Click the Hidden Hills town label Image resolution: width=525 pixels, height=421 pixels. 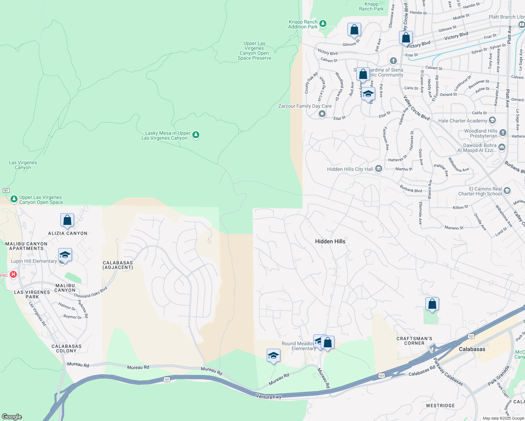(330, 241)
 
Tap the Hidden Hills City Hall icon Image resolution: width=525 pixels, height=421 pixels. (379, 169)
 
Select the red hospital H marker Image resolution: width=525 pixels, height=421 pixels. (13, 274)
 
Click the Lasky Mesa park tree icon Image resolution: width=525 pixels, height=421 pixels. (196, 135)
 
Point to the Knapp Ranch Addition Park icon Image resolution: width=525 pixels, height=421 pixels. (323, 24)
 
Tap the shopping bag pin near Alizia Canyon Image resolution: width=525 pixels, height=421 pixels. (67, 220)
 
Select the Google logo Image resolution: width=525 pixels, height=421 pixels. (12, 416)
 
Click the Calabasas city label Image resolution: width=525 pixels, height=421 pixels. (472, 349)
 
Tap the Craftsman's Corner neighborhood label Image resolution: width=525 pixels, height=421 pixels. (414, 341)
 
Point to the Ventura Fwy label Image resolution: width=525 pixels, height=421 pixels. (269, 397)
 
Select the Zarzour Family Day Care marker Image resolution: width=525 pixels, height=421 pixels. (322, 114)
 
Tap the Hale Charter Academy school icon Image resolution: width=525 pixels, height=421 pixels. (492, 121)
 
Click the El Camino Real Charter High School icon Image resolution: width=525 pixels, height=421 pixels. (507, 191)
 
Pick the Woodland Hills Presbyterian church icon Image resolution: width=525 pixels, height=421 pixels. (503, 133)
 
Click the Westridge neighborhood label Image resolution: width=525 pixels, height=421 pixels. (440, 406)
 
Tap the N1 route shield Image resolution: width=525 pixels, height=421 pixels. (6, 191)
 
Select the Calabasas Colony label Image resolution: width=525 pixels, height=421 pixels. (66, 348)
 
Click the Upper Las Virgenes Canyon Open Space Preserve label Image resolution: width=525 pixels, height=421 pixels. (254, 51)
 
